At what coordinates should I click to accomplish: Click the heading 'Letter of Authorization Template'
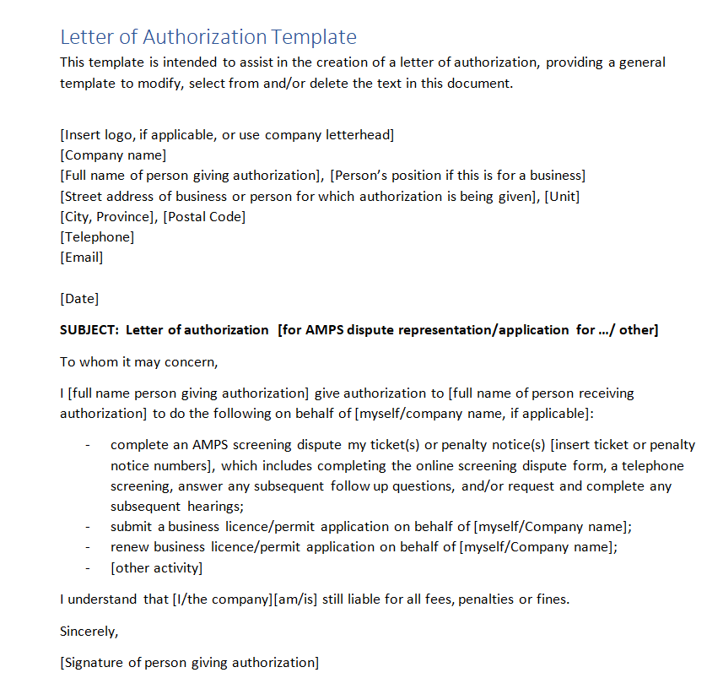click(x=208, y=37)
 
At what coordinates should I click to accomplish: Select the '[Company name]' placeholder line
click(x=113, y=155)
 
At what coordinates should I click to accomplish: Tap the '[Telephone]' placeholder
click(x=97, y=237)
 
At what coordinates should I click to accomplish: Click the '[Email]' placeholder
click(x=82, y=258)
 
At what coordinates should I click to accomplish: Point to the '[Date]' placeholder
click(x=79, y=299)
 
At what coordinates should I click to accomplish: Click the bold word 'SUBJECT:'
click(x=89, y=329)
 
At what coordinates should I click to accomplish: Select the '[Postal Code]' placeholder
click(x=204, y=217)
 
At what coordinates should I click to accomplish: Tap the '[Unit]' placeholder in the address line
click(x=562, y=197)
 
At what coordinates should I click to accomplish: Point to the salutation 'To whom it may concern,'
click(x=139, y=361)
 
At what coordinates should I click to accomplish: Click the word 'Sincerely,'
click(x=89, y=631)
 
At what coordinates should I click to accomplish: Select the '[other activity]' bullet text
click(x=156, y=567)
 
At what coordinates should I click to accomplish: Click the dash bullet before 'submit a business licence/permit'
click(x=89, y=527)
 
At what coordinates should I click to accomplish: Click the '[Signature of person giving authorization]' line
click(x=189, y=663)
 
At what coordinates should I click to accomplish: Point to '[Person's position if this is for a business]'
click(x=457, y=176)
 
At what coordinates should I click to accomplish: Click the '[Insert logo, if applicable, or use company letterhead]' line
click(x=227, y=135)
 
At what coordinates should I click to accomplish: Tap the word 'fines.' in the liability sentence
click(x=553, y=599)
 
